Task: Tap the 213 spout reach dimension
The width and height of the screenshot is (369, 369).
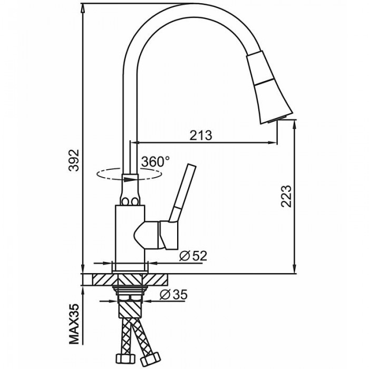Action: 201,135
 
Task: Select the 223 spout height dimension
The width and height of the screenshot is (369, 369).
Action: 286,196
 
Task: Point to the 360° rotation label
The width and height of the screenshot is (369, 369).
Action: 156,162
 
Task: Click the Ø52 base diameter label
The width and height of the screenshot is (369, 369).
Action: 193,256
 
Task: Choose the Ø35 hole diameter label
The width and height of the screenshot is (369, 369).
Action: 173,294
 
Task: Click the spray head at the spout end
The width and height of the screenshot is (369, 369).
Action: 269,87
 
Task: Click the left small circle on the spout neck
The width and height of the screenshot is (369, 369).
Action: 125,202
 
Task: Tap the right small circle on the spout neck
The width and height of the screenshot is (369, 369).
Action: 135,202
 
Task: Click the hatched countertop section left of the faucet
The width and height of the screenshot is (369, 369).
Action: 103,280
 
